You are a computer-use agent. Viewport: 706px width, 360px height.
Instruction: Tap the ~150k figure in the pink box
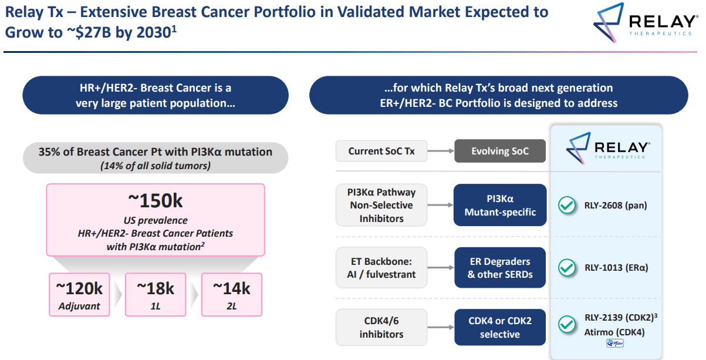pos(156,200)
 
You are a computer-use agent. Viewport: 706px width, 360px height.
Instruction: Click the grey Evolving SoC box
pos(500,151)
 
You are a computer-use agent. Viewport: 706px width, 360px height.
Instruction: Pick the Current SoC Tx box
pos(381,151)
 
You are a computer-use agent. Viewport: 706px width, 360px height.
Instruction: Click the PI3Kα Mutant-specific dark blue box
pos(500,206)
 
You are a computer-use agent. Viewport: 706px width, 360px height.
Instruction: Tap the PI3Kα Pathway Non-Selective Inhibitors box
pos(381,206)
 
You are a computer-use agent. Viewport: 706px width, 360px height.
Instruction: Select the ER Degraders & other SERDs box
pos(500,268)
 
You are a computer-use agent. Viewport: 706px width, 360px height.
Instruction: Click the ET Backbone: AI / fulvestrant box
pos(381,268)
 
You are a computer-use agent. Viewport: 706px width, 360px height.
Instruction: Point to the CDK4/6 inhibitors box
pos(381,328)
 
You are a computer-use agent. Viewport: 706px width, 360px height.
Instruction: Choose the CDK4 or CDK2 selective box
pos(500,328)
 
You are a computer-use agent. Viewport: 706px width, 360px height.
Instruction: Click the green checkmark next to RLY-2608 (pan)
pos(566,206)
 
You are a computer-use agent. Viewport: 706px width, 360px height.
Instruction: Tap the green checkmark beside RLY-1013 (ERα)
pos(566,268)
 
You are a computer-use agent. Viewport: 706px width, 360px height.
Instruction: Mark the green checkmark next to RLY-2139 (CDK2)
pos(566,324)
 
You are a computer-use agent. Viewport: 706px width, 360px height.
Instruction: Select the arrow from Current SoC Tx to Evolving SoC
pos(440,151)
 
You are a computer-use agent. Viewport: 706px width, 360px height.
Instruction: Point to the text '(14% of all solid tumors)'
pos(156,166)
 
